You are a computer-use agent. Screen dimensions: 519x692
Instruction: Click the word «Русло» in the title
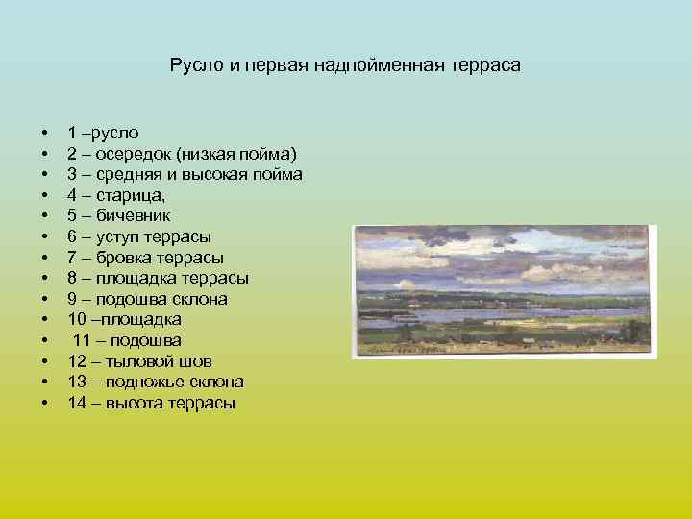click(x=195, y=66)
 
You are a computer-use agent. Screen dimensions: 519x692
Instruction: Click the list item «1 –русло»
click(x=103, y=133)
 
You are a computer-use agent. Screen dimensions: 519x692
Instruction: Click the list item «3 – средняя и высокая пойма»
click(x=185, y=175)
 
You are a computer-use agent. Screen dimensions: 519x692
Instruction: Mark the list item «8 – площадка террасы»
click(x=158, y=278)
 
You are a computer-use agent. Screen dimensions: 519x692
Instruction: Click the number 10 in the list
click(x=76, y=319)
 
